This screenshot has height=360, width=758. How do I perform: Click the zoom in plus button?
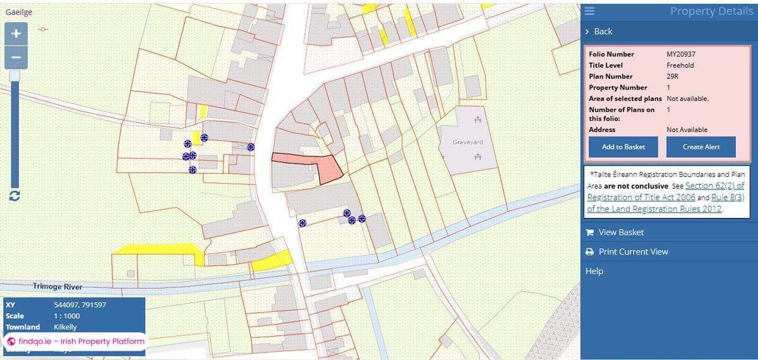click(x=16, y=33)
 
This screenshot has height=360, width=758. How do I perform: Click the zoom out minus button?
click(x=16, y=57)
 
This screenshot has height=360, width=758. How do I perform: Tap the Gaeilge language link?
click(x=18, y=12)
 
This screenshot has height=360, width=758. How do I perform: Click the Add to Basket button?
click(x=623, y=147)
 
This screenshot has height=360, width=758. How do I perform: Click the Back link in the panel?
click(x=603, y=32)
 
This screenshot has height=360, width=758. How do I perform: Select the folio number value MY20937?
click(x=681, y=54)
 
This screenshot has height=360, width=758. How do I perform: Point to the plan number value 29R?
click(x=672, y=76)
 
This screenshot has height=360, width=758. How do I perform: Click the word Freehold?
click(x=680, y=65)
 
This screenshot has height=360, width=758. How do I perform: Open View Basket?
click(x=621, y=232)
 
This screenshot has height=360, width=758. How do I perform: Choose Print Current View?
click(x=633, y=251)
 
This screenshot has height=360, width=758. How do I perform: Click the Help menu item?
click(x=594, y=271)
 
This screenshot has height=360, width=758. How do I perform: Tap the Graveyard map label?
click(x=467, y=142)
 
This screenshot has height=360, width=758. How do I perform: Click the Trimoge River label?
click(x=57, y=287)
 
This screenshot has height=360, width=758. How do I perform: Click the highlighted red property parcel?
click(x=328, y=167)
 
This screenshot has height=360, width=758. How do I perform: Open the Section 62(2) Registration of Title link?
click(x=714, y=186)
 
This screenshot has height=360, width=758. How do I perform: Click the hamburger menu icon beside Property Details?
click(x=589, y=11)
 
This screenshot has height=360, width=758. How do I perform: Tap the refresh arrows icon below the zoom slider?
click(x=15, y=196)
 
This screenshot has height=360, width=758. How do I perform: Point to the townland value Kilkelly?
click(x=66, y=327)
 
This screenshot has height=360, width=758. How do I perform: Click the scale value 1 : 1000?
click(x=67, y=316)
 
